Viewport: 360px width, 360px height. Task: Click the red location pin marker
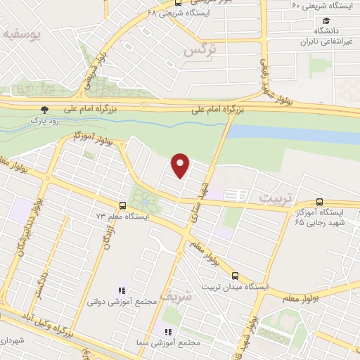(x=181, y=165)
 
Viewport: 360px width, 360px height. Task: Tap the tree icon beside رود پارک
(x=45, y=110)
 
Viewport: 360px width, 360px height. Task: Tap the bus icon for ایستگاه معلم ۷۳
(x=123, y=206)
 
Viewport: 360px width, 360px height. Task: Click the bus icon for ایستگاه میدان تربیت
(x=236, y=276)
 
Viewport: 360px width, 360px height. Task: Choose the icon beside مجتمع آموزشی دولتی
(x=121, y=290)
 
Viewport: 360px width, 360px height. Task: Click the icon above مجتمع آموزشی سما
(x=167, y=332)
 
